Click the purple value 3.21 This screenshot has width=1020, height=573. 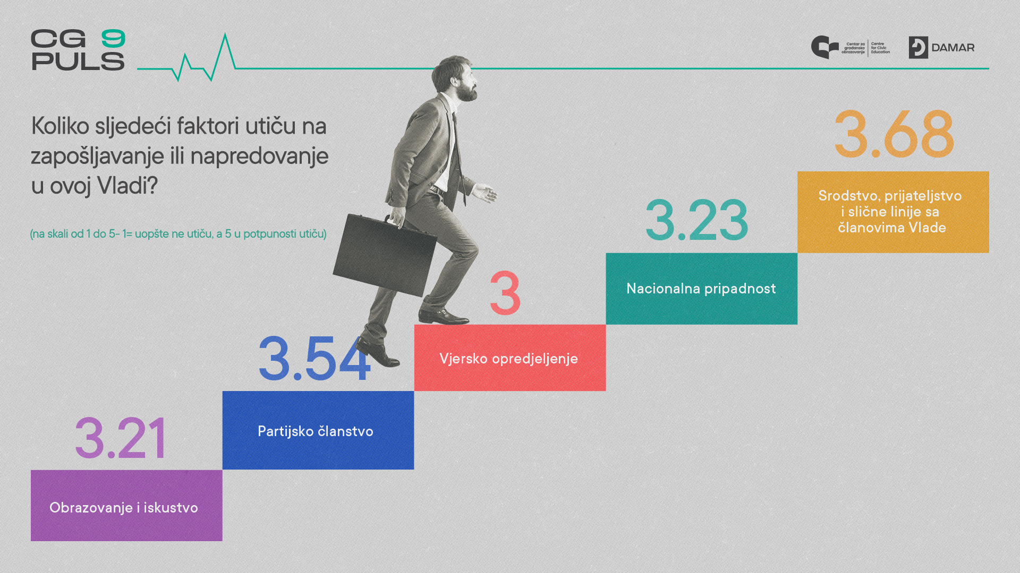click(121, 438)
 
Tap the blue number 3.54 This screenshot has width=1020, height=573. click(314, 359)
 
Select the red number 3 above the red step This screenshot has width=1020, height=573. click(505, 293)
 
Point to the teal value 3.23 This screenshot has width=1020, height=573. click(696, 220)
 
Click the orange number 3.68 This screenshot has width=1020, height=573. click(894, 134)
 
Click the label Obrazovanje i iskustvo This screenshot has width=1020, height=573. click(124, 508)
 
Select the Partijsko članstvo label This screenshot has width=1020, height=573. click(316, 431)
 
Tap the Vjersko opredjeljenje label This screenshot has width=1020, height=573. click(508, 359)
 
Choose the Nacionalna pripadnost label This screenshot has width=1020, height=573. click(701, 289)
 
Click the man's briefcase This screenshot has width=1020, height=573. click(385, 254)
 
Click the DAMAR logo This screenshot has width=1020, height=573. click(941, 48)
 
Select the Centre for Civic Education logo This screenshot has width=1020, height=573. click(851, 48)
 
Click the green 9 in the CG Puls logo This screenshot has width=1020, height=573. click(113, 39)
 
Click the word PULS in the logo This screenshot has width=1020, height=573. click(78, 61)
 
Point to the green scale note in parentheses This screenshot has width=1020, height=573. click(178, 233)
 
